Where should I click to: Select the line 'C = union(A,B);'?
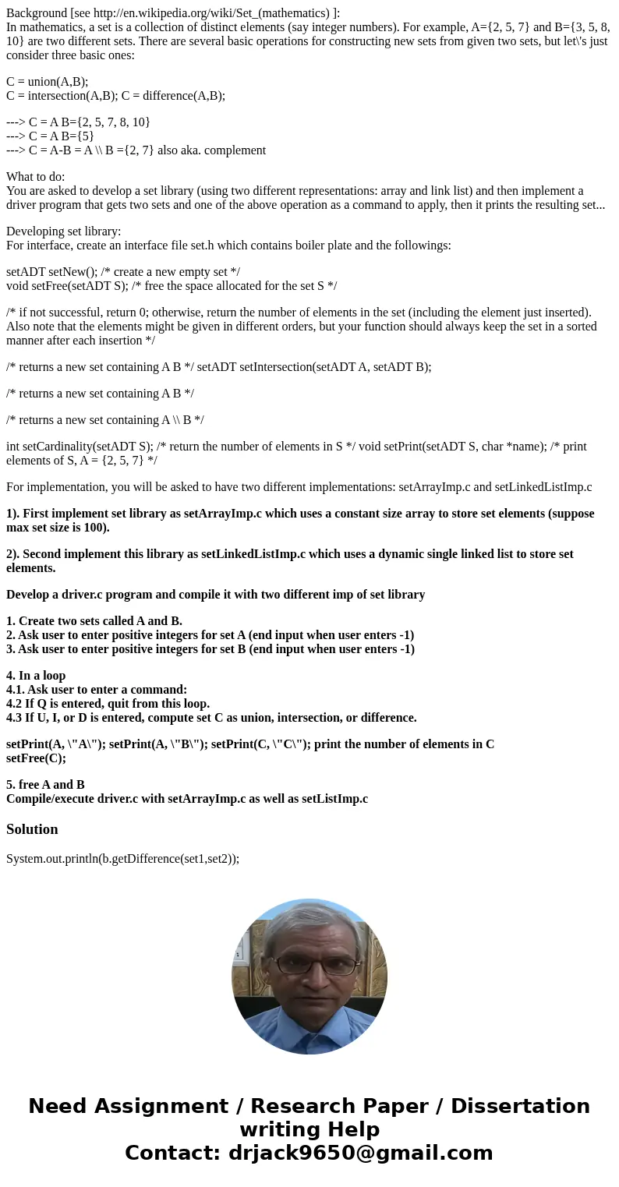[x=47, y=82]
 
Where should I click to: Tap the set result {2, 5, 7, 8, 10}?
[x=108, y=122]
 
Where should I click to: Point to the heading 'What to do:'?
[x=36, y=177]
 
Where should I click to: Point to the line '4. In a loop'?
[x=36, y=675]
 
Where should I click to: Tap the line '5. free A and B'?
[x=45, y=784]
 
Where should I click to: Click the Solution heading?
[x=32, y=828]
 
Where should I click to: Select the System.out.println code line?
[x=122, y=858]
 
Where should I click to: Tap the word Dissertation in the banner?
[x=520, y=1106]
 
